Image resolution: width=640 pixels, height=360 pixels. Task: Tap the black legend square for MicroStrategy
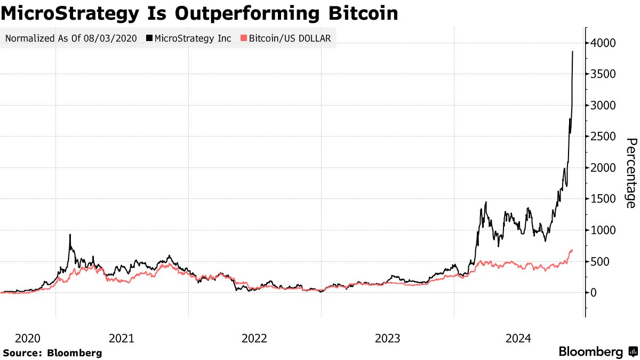tap(149, 38)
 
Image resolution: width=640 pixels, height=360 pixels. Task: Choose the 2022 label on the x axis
tap(254, 338)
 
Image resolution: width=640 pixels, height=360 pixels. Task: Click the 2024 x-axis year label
tap(519, 338)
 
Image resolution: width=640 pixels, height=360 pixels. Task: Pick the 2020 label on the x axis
tap(28, 338)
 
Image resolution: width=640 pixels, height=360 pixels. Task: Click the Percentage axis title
tap(631, 173)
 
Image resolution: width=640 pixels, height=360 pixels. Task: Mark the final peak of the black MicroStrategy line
tap(573, 52)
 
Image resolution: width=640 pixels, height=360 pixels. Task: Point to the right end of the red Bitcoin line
tap(572, 250)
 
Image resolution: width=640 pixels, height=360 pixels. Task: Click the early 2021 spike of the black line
tap(70, 235)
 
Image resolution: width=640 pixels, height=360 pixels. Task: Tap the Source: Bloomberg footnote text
tap(52, 353)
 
